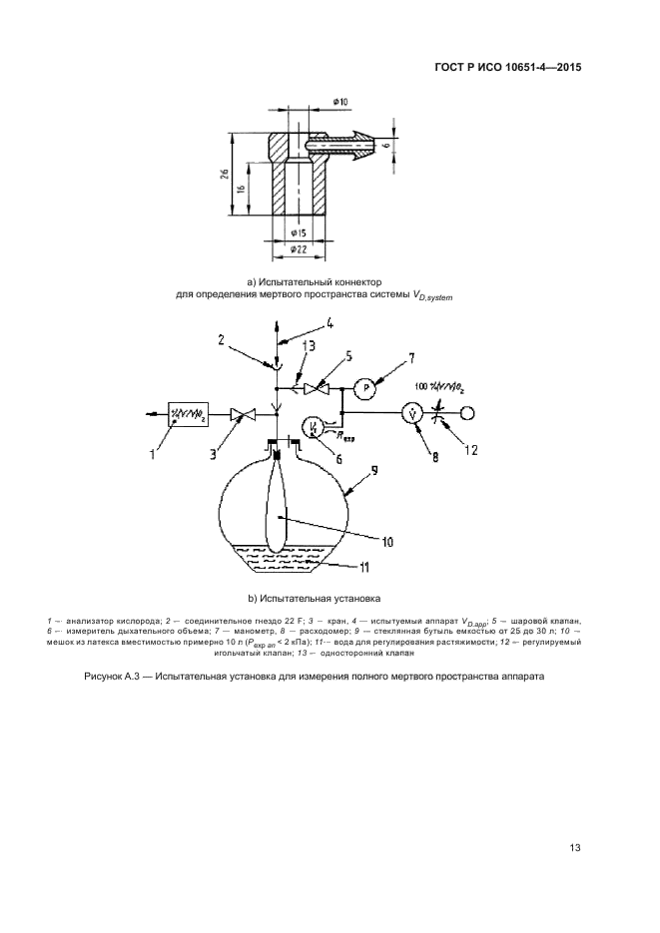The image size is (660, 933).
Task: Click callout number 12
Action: pyautogui.click(x=471, y=449)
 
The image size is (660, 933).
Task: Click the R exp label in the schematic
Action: pyautogui.click(x=345, y=436)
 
